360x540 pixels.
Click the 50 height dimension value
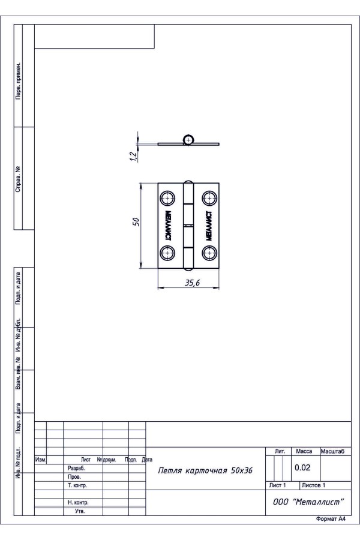pos(136,221)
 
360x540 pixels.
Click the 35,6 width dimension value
pos(192,283)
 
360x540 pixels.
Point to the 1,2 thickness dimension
pos(134,156)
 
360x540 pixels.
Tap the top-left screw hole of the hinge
pos(167,199)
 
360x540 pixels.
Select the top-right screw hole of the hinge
pos(209,198)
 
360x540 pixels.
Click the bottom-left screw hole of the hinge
pos(167,253)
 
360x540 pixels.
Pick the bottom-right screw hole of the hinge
pos(209,253)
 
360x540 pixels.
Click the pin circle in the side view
pos(188,139)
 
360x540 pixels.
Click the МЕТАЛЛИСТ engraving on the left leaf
pos(168,226)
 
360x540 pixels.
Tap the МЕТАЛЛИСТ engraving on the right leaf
pos(209,226)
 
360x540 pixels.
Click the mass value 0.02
pos(302,467)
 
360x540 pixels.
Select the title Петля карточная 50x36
pos(205,470)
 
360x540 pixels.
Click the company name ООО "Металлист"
pos(308,502)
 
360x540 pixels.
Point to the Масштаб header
pos(332,451)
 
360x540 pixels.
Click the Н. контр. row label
pos(78,502)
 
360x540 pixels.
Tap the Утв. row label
pos(80,511)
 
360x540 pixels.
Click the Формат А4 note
pos(331,519)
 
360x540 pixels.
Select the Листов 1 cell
pos(313,485)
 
